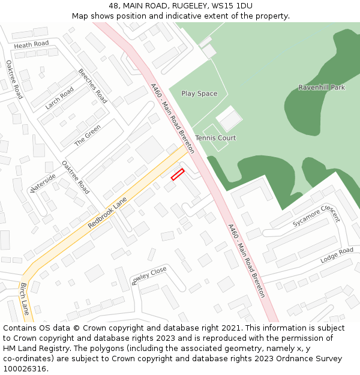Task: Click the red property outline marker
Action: pyautogui.click(x=177, y=174)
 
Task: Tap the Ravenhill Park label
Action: pyautogui.click(x=322, y=88)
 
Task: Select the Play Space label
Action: pyautogui.click(x=199, y=94)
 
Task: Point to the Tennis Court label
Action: pyautogui.click(x=215, y=138)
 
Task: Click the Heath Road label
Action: pyautogui.click(x=31, y=44)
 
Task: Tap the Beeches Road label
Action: pyautogui.click(x=92, y=86)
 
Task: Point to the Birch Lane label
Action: pyautogui.click(x=25, y=299)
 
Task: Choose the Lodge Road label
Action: pyautogui.click(x=337, y=255)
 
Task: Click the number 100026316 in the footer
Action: pyautogui.click(x=24, y=369)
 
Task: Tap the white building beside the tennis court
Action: pyautogui.click(x=229, y=119)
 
